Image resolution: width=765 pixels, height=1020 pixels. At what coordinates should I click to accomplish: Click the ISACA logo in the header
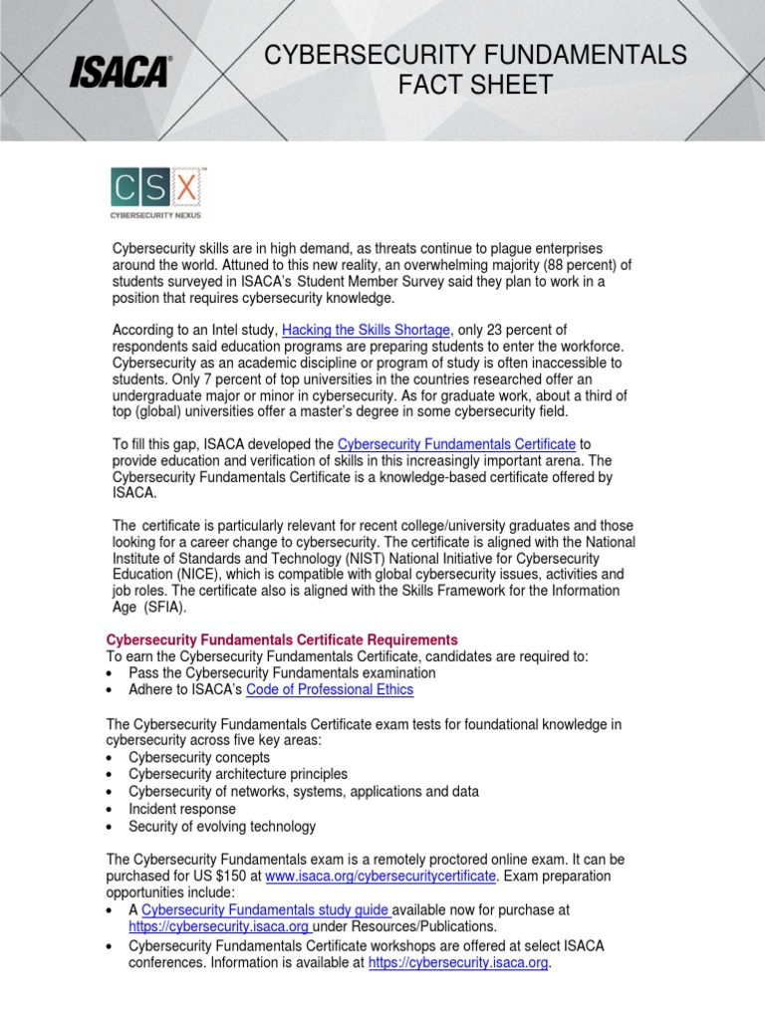(x=120, y=72)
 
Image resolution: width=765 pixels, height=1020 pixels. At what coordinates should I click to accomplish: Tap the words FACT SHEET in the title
(x=475, y=86)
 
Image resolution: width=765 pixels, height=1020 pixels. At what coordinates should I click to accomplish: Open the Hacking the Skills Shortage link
(x=367, y=330)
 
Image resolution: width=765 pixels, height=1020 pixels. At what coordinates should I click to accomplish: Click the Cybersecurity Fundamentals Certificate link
(x=456, y=443)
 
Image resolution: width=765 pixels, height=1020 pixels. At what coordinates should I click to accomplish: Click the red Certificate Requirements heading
(x=282, y=638)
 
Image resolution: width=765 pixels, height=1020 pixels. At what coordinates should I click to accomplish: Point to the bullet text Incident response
(x=182, y=809)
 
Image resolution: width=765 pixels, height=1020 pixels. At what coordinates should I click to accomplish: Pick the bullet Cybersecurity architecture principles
(x=238, y=774)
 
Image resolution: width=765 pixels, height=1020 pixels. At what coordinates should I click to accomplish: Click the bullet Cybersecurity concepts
(x=199, y=757)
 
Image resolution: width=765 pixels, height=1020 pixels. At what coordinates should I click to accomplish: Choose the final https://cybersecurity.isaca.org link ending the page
(x=458, y=962)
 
